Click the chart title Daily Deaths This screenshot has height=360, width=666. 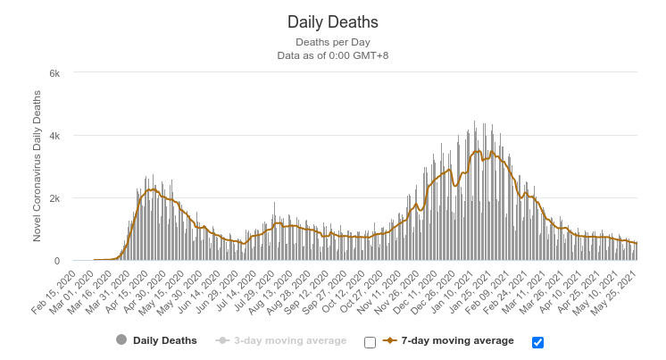(x=332, y=21)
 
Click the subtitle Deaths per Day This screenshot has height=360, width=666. (x=332, y=42)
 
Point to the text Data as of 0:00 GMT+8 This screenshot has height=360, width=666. (x=332, y=55)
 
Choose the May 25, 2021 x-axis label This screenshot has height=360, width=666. (x=620, y=286)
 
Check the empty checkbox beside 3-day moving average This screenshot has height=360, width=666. (x=370, y=342)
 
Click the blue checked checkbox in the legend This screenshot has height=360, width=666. (x=537, y=342)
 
